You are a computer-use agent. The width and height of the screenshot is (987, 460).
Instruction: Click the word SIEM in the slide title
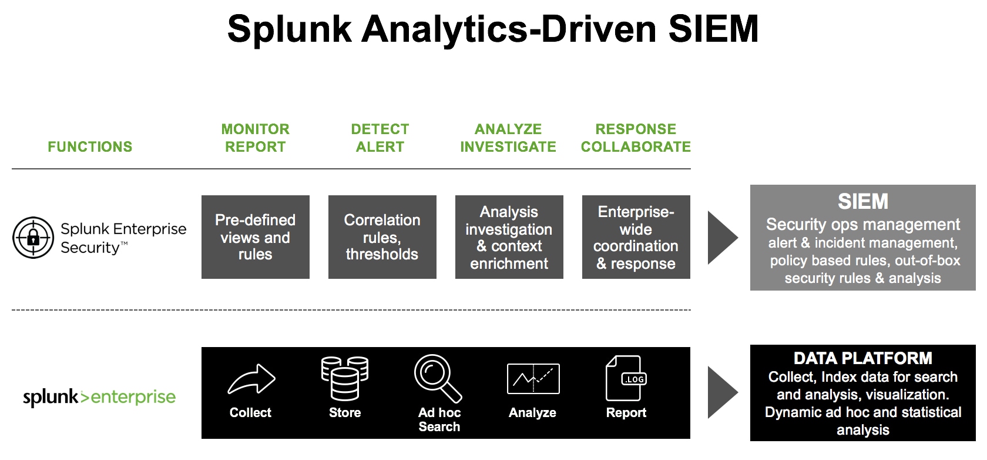pyautogui.click(x=713, y=29)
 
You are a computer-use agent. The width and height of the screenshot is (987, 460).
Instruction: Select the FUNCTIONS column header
pyautogui.click(x=90, y=147)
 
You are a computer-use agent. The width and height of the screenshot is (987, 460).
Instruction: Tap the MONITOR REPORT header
pyautogui.click(x=256, y=138)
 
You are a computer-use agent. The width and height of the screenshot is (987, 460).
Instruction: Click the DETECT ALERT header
pyautogui.click(x=380, y=138)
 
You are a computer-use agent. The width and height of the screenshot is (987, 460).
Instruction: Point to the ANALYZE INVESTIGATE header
pyautogui.click(x=509, y=138)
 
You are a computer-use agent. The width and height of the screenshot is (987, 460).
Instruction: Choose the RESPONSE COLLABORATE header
pyautogui.click(x=636, y=138)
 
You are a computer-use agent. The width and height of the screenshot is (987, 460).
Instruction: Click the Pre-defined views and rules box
pyautogui.click(x=256, y=237)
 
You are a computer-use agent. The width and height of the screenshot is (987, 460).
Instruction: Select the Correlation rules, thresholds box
pyautogui.click(x=382, y=237)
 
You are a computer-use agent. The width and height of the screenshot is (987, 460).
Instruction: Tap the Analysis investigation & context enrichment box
pyautogui.click(x=509, y=237)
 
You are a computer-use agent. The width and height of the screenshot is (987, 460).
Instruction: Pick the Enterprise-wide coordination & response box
pyautogui.click(x=636, y=237)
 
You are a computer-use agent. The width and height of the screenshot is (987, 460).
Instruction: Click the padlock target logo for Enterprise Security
pyautogui.click(x=33, y=238)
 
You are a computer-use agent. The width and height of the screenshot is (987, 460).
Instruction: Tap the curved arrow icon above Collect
pyautogui.click(x=251, y=378)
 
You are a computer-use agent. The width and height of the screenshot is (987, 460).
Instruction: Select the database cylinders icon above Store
pyautogui.click(x=345, y=378)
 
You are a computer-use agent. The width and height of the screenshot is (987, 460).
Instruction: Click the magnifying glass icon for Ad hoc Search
pyautogui.click(x=438, y=378)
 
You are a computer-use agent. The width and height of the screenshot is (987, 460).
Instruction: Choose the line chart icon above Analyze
pyautogui.click(x=533, y=378)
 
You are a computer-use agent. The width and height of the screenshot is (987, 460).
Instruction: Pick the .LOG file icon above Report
pyautogui.click(x=626, y=378)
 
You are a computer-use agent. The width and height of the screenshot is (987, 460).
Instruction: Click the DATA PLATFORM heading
pyautogui.click(x=862, y=358)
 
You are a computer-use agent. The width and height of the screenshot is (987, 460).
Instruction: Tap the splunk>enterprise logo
pyautogui.click(x=99, y=397)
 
